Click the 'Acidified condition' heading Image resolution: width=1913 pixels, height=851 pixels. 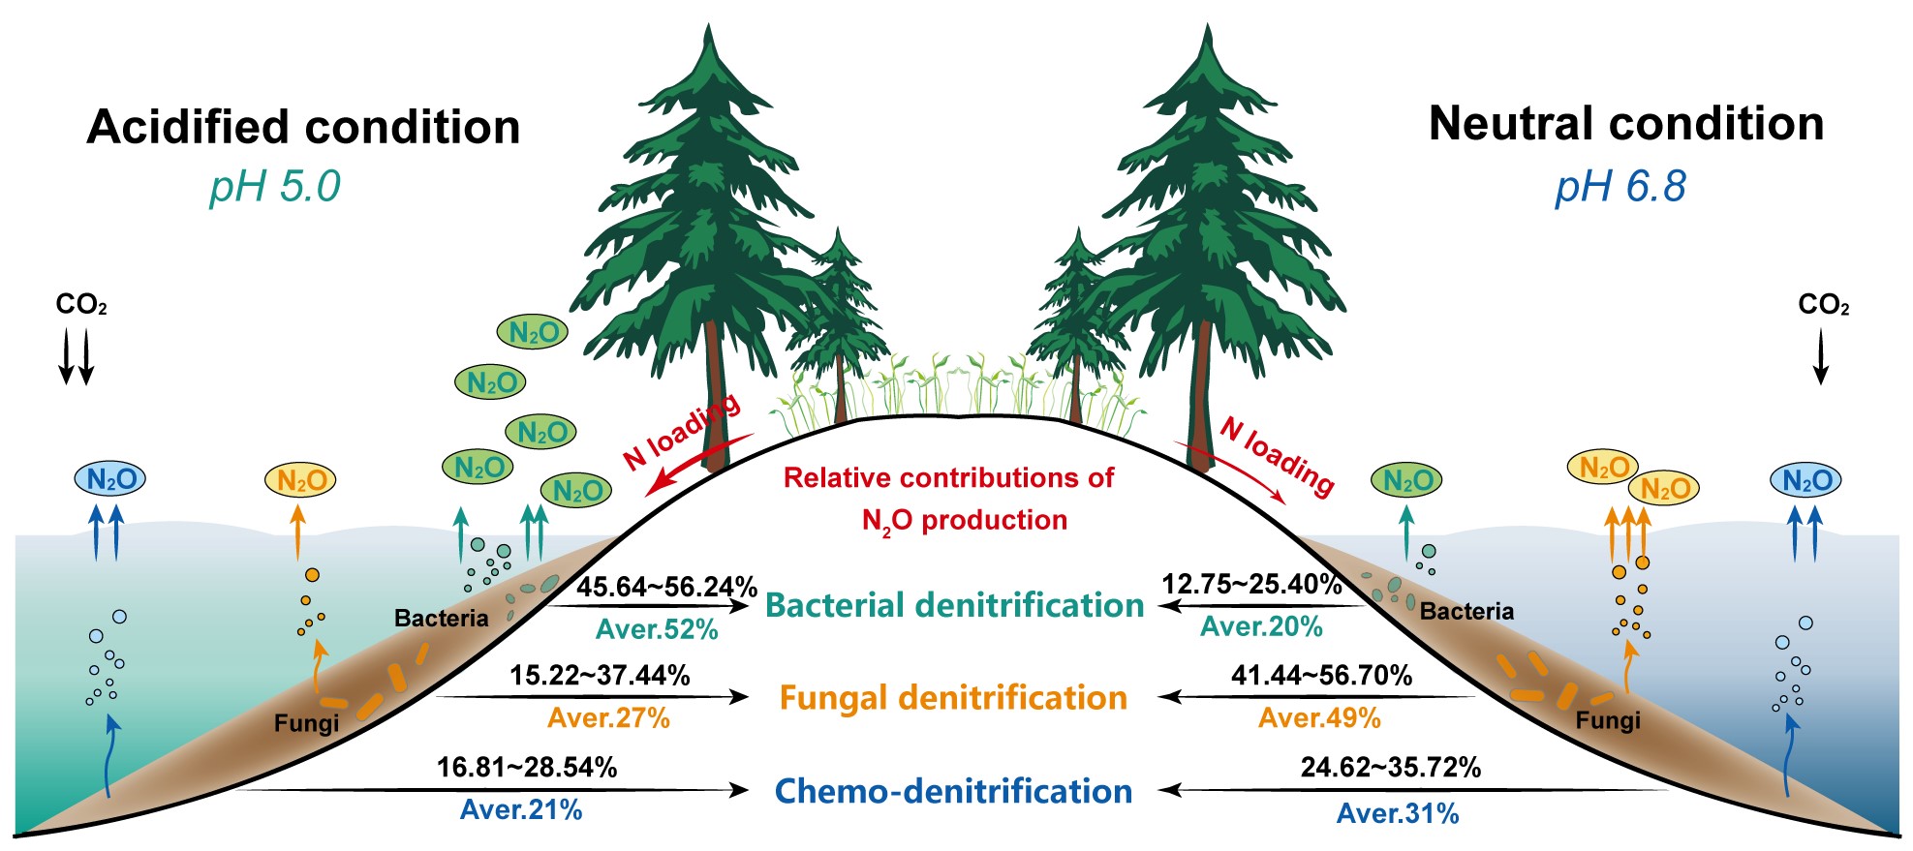click(303, 128)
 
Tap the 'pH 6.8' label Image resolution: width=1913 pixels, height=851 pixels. click(1620, 186)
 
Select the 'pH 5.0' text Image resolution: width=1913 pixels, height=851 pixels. click(275, 186)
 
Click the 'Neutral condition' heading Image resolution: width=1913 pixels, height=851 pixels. click(1625, 125)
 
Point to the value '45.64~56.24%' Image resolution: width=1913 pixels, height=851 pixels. click(666, 587)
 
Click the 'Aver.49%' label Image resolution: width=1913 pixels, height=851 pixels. click(1319, 718)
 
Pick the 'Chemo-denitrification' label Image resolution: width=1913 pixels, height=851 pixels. click(953, 791)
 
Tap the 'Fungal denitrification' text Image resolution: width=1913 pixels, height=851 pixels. click(953, 698)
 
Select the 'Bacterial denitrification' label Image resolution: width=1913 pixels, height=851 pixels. click(954, 605)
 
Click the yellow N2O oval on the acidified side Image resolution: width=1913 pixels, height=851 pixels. click(300, 480)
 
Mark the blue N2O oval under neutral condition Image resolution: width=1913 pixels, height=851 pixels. click(1805, 480)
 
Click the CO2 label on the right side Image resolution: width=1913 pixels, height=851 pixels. click(1823, 306)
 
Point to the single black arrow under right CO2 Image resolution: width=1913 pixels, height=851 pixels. click(1820, 356)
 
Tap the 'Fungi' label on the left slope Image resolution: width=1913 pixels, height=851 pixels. click(306, 723)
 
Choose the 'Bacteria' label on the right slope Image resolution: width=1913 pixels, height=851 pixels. click(1466, 611)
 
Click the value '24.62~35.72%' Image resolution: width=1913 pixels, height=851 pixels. click(1390, 768)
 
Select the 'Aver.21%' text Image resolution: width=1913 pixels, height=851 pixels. click(521, 810)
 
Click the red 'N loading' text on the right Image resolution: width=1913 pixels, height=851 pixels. click(1277, 455)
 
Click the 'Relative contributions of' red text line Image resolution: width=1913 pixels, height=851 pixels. click(948, 477)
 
